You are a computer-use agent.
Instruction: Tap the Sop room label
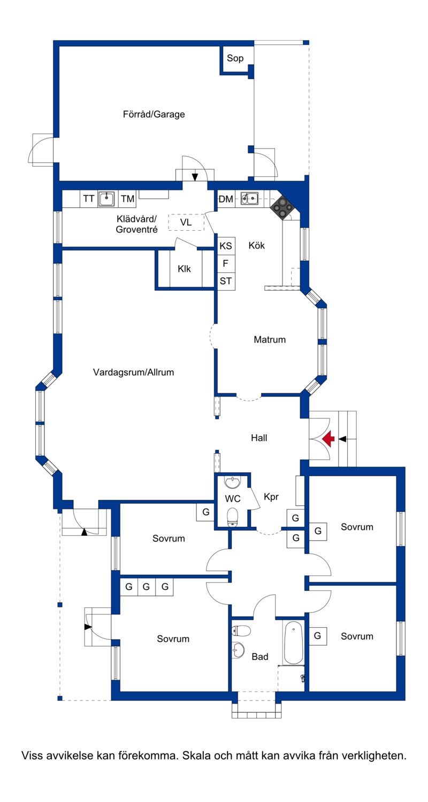click(235, 58)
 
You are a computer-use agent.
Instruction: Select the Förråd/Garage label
click(154, 114)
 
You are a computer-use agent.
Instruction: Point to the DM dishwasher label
click(226, 199)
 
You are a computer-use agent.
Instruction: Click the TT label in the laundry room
click(88, 199)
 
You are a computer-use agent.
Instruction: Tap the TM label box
click(127, 199)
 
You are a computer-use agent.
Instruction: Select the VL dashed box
click(186, 222)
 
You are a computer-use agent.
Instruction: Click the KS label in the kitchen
click(226, 246)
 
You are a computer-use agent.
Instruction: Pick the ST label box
click(226, 281)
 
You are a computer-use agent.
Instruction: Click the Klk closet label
click(184, 269)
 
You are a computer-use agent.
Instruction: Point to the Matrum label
click(270, 339)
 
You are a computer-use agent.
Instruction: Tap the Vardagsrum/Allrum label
click(133, 372)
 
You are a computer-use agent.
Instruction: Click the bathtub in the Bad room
click(294, 642)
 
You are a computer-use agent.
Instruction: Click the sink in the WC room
click(233, 482)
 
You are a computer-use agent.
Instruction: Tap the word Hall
click(259, 438)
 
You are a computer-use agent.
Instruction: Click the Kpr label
click(271, 497)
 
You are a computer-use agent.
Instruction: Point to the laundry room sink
click(106, 199)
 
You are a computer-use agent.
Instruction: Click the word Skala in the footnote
click(197, 756)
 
